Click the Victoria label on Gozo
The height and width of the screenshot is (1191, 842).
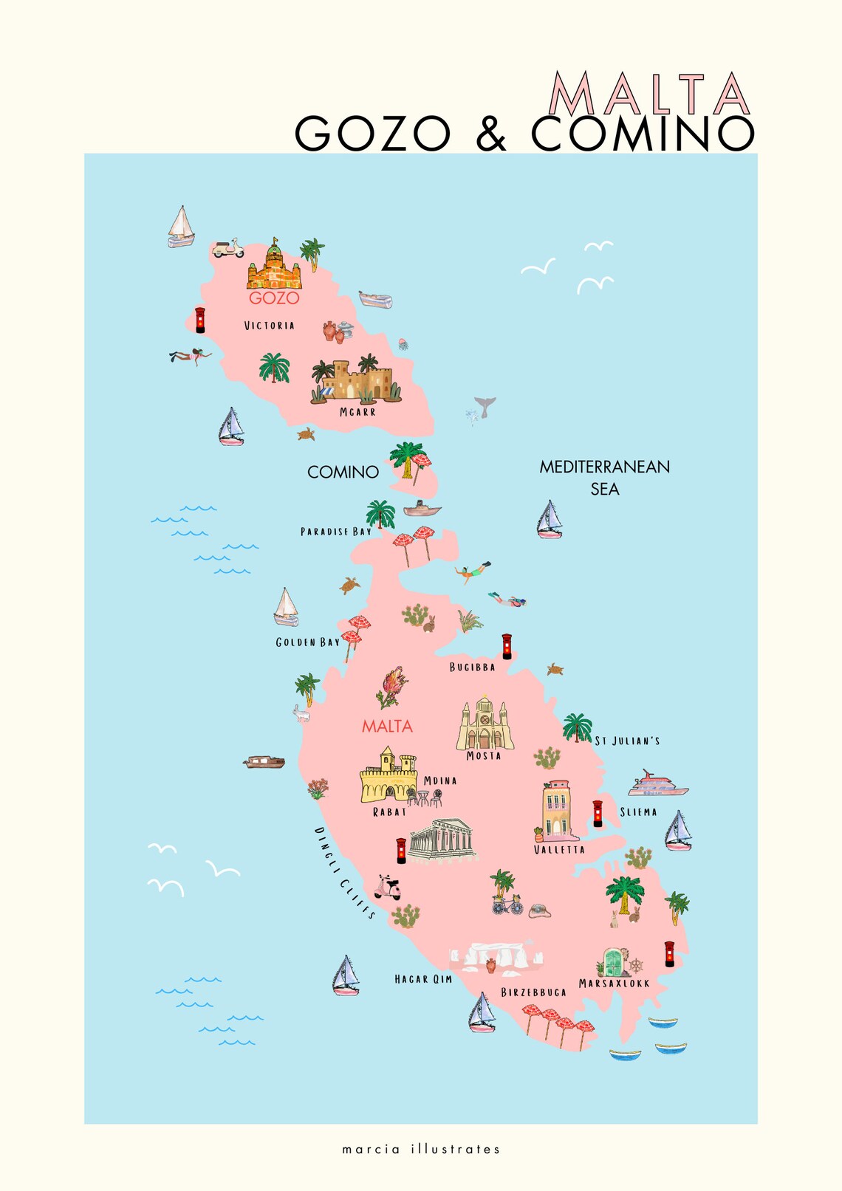pos(270,326)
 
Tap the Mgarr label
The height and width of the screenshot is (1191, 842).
pos(357,412)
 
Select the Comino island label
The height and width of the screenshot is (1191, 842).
pos(343,472)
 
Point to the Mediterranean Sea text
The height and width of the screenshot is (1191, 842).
pos(604,477)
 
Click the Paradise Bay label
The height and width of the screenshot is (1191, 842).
pos(336,532)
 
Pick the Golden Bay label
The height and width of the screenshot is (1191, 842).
pos(308,642)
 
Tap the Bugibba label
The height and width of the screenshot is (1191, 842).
pos(473,667)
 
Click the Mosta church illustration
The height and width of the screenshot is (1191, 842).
pos(485,724)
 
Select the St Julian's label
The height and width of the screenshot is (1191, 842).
pos(627,741)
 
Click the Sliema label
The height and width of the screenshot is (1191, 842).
pos(638,812)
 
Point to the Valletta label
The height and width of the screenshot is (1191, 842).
pos(559,850)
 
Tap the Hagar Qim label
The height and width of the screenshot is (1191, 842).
pos(423,979)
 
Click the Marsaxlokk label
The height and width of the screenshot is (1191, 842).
pos(614,984)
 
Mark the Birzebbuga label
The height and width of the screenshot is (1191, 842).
pos(533,992)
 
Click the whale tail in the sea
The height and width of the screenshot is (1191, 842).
pos(485,406)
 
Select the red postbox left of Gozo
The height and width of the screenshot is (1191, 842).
pos(200,320)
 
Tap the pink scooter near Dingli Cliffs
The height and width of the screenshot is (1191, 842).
pos(387,887)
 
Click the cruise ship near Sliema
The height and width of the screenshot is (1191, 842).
pos(657,784)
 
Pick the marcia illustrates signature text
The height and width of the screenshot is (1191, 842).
pos(421,1149)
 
